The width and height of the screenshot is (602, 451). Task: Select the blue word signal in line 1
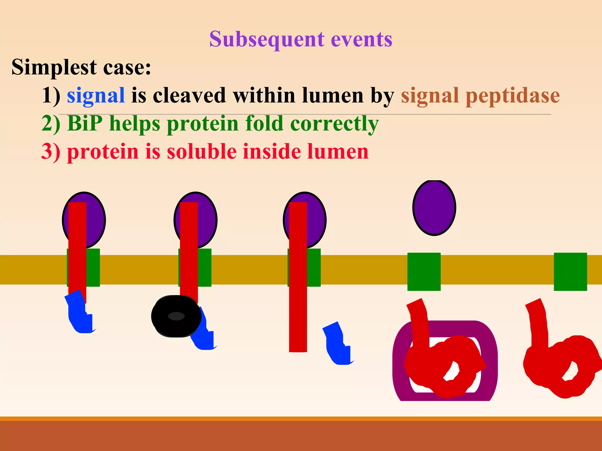click(96, 95)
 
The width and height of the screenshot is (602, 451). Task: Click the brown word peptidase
click(513, 95)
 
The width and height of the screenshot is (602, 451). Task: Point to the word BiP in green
click(85, 123)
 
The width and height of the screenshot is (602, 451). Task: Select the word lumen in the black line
click(332, 95)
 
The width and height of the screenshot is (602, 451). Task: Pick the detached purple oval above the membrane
click(434, 208)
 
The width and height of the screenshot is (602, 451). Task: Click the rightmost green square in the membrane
click(570, 272)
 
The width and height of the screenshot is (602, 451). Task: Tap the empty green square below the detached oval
click(424, 272)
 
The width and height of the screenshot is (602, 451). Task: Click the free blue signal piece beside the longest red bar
click(338, 344)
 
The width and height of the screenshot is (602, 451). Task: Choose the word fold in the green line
click(264, 123)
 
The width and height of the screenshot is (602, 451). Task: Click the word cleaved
click(189, 95)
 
